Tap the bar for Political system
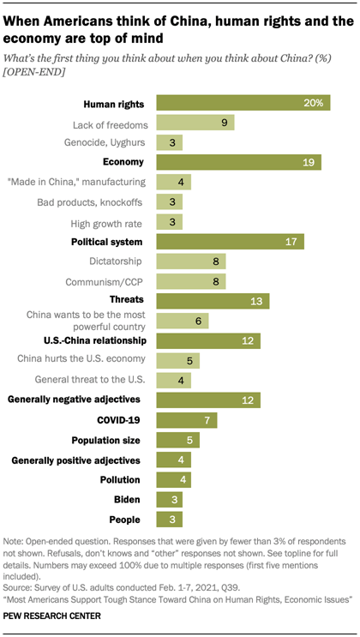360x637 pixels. click(x=229, y=241)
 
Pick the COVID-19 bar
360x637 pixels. click(x=186, y=420)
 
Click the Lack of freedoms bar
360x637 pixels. click(x=195, y=123)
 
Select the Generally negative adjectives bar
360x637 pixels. click(x=207, y=400)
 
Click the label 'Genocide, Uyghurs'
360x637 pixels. click(x=106, y=142)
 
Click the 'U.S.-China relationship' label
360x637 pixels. click(x=94, y=340)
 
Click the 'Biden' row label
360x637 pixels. click(x=130, y=500)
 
